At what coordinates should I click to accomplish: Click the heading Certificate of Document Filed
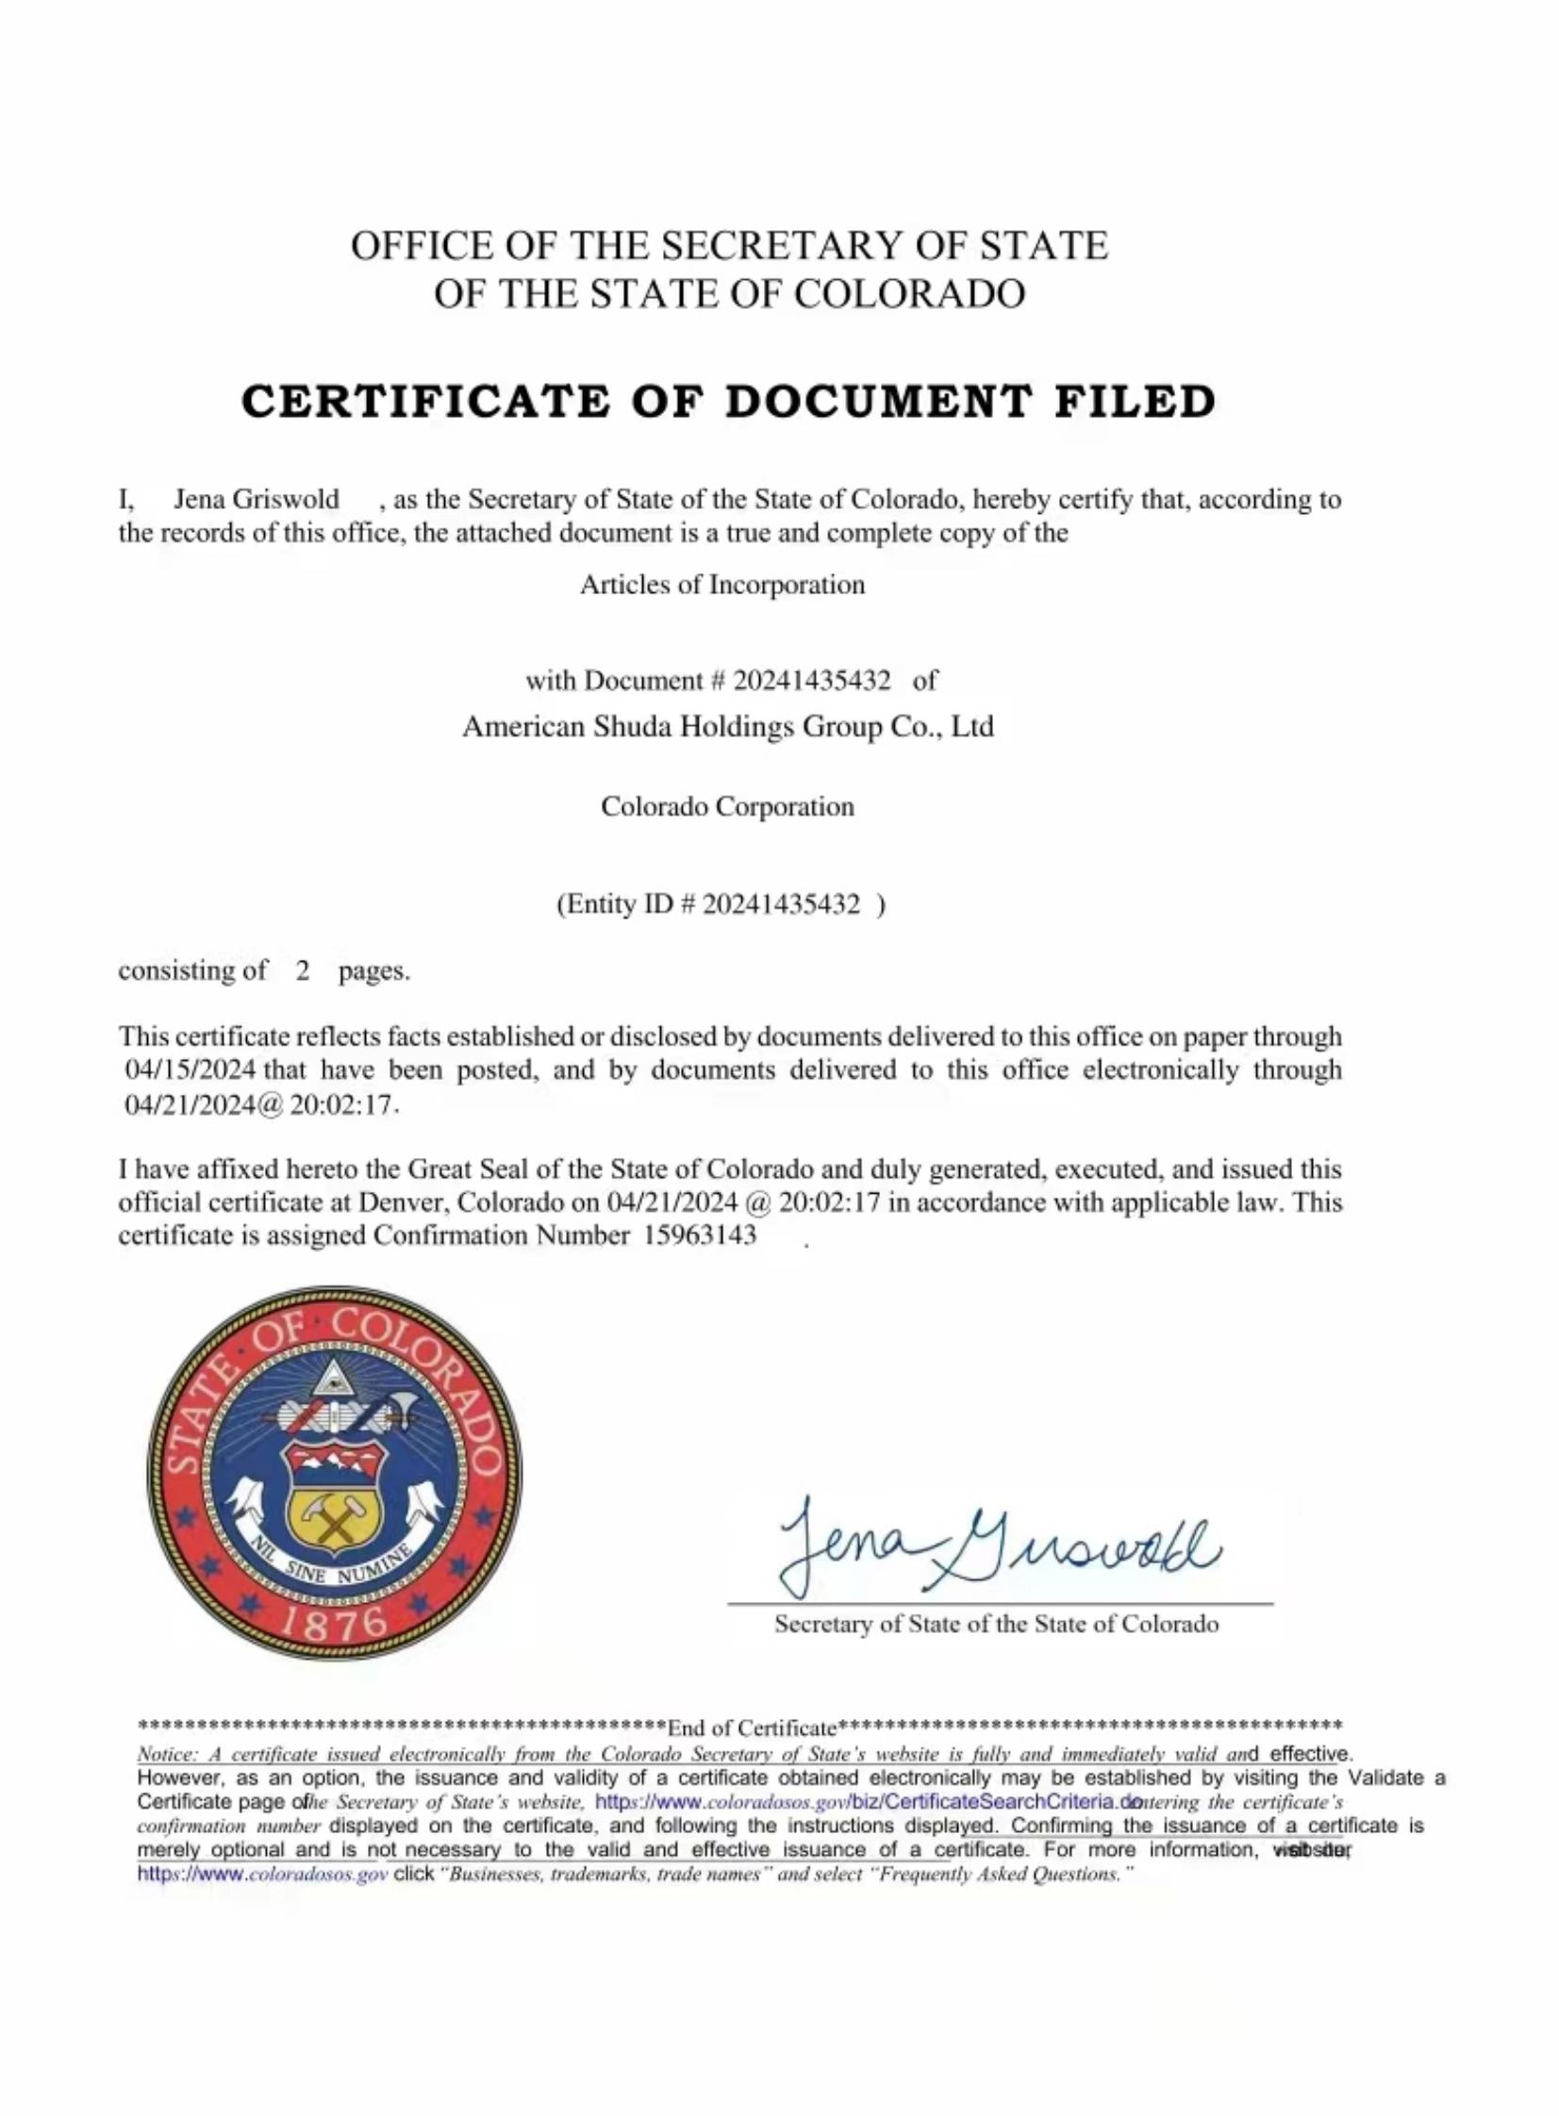point(728,402)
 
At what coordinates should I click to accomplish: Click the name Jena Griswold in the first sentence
point(256,499)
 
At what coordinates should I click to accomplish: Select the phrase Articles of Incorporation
point(721,585)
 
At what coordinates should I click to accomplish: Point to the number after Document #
point(812,680)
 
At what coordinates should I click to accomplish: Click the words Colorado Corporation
point(726,806)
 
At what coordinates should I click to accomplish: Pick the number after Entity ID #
point(782,904)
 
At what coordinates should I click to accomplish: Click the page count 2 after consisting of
point(302,970)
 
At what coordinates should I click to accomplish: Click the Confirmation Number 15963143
point(699,1236)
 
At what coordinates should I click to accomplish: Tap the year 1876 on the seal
point(336,1623)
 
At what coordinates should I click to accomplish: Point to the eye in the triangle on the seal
point(329,1384)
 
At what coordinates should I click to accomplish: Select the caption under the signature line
point(997,1624)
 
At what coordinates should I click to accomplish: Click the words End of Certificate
point(752,1728)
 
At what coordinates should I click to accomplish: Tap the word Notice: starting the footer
point(166,1755)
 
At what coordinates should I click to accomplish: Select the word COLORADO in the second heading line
point(909,293)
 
